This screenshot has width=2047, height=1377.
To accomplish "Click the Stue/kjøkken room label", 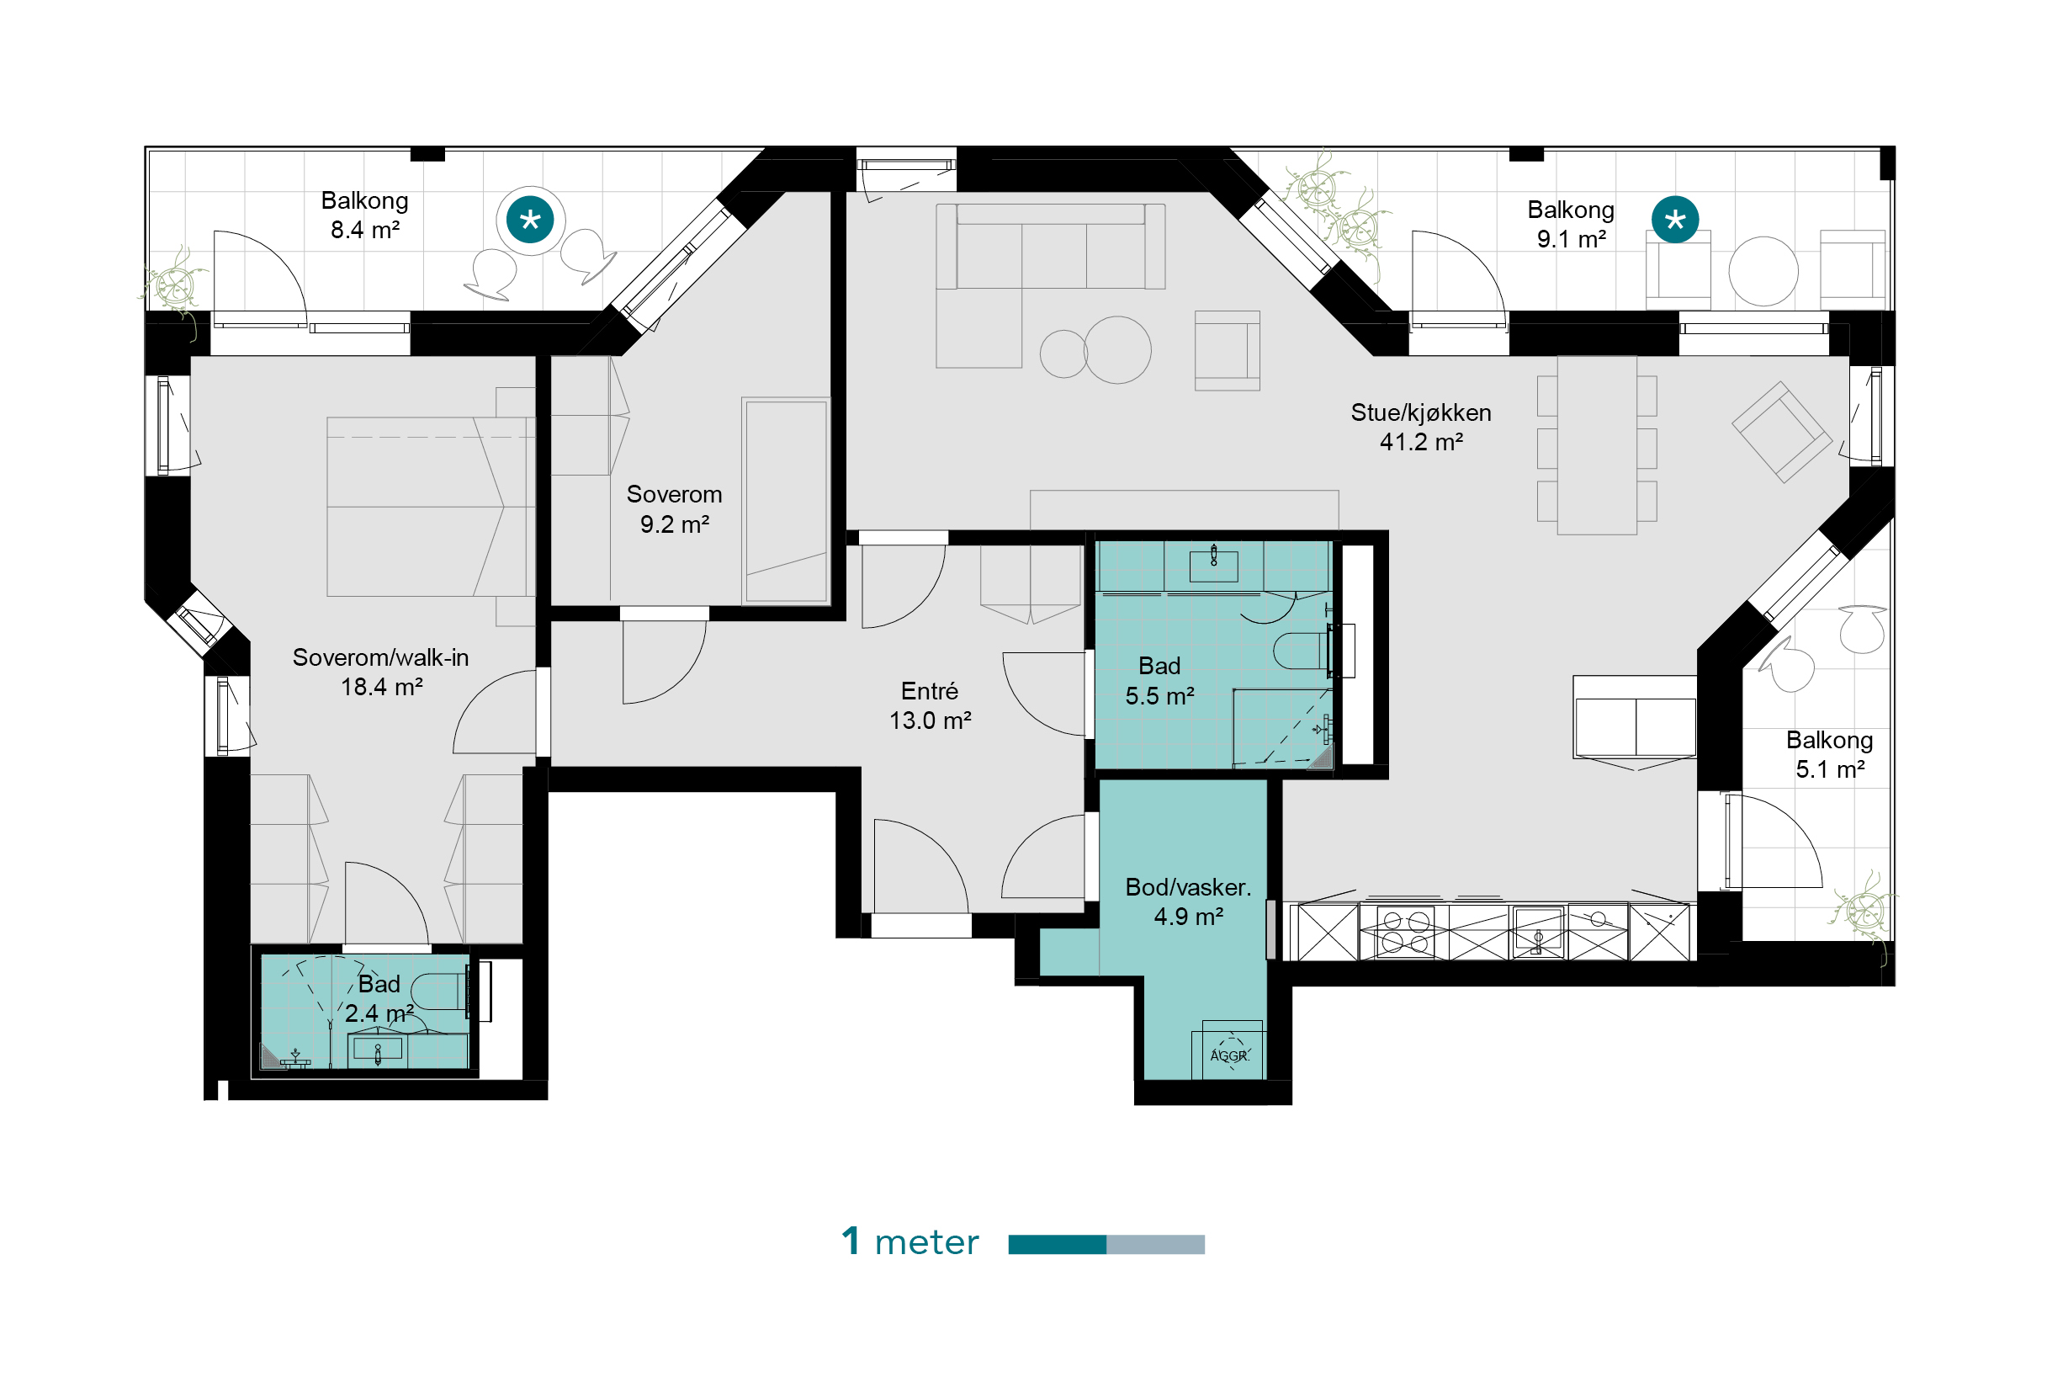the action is pyautogui.click(x=1420, y=427).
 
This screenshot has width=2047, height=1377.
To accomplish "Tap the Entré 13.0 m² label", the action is pyautogui.click(x=930, y=705).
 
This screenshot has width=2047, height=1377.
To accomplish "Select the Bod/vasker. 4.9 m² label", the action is pyautogui.click(x=1188, y=901).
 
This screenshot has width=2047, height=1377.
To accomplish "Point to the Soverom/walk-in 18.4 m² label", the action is pyautogui.click(x=380, y=672).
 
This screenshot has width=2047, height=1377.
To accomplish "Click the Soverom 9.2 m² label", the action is pyautogui.click(x=674, y=508).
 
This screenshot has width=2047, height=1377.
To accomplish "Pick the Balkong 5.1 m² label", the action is pyautogui.click(x=1829, y=753).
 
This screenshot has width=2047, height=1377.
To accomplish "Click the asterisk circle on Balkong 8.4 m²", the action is pyautogui.click(x=530, y=220).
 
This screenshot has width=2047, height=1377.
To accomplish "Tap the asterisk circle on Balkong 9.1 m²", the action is pyautogui.click(x=1675, y=220).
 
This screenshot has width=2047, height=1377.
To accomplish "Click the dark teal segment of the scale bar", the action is pyautogui.click(x=1057, y=1244).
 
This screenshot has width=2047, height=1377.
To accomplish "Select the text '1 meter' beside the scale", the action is pyautogui.click(x=910, y=1241).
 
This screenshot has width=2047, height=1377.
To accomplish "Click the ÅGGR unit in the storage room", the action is pyautogui.click(x=1228, y=1051).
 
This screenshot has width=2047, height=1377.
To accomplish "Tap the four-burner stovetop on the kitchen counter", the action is pyautogui.click(x=1404, y=932).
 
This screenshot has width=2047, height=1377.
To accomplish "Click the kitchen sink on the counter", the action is pyautogui.click(x=1537, y=932).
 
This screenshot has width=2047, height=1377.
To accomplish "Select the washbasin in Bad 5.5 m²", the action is pyautogui.click(x=1213, y=566).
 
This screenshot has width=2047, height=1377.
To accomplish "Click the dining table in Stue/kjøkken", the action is pyautogui.click(x=1597, y=444).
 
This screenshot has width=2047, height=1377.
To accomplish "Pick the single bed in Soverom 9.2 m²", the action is pyautogui.click(x=786, y=501).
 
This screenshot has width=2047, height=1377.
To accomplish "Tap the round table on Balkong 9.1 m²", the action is pyautogui.click(x=1763, y=271).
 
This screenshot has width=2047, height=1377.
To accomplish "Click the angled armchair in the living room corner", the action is pyautogui.click(x=1782, y=431).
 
